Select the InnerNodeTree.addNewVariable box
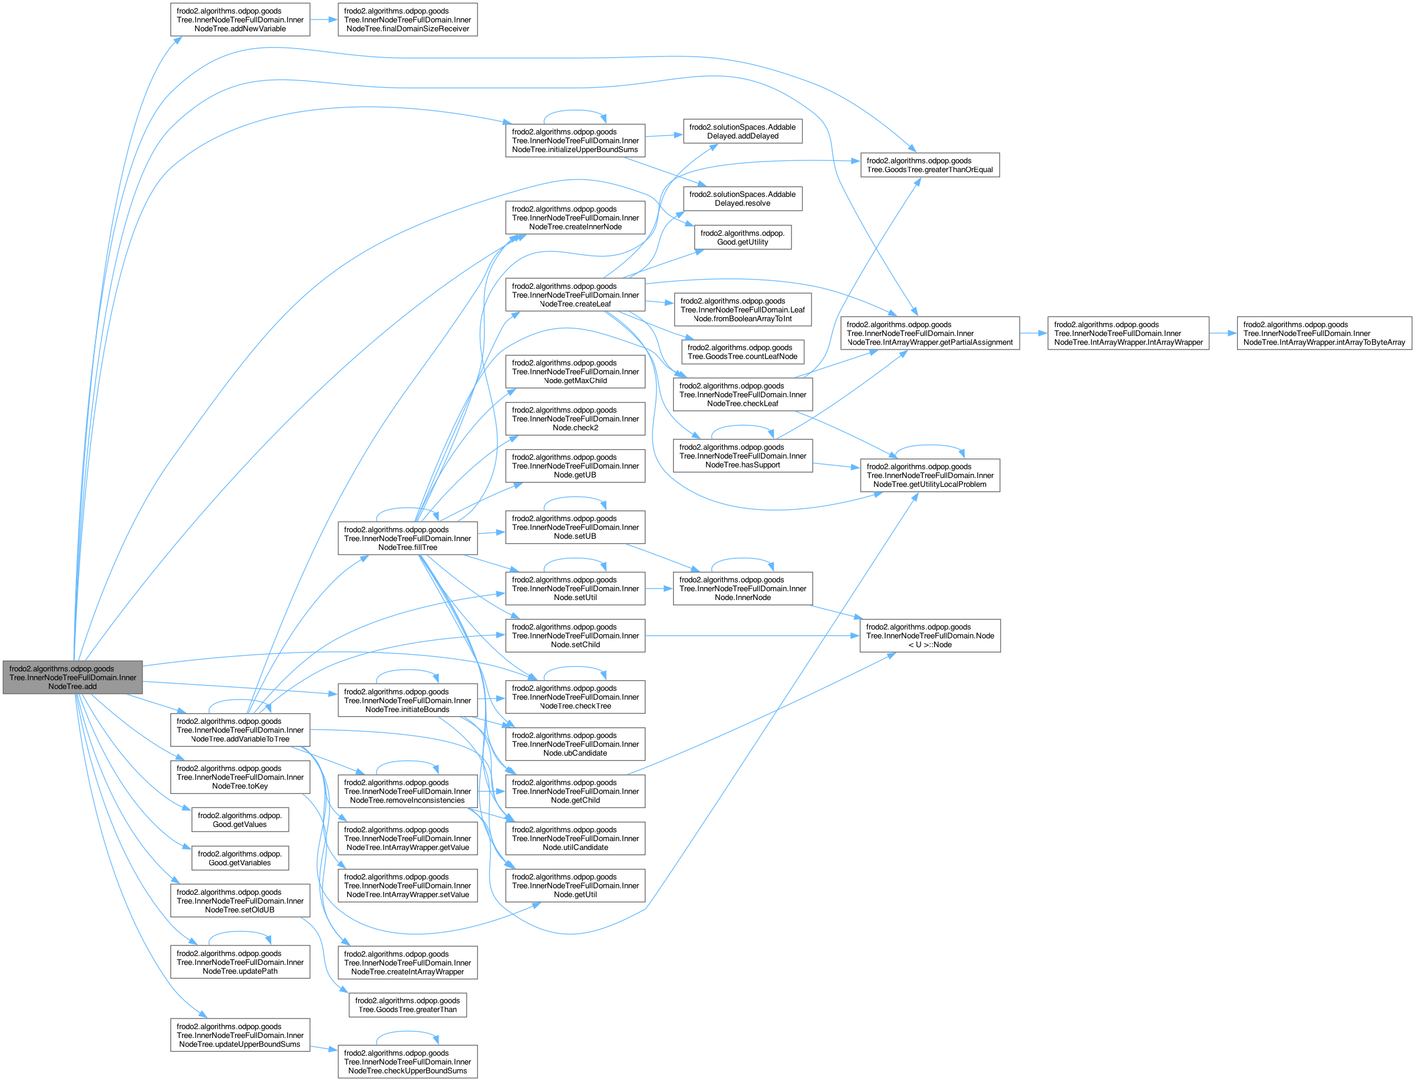pyautogui.click(x=240, y=20)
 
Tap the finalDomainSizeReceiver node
pyautogui.click(x=407, y=20)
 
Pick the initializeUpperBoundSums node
pyautogui.click(x=575, y=140)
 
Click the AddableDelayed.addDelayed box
pyautogui.click(x=742, y=131)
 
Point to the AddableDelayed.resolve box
pyautogui.click(x=742, y=199)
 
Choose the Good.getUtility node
pyautogui.click(x=742, y=238)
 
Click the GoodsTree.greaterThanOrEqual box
pyautogui.click(x=929, y=166)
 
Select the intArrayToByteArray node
pyautogui.click(x=1324, y=333)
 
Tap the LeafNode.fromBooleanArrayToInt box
pyautogui.click(x=742, y=309)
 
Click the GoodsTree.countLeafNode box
pyautogui.click(x=742, y=352)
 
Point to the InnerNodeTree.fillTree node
pyautogui.click(x=407, y=539)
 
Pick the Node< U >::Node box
pyautogui.click(x=929, y=636)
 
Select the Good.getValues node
pyautogui.click(x=240, y=820)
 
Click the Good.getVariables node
pyautogui.click(x=240, y=858)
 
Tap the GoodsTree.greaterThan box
pyautogui.click(x=407, y=1005)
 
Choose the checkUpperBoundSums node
pyautogui.click(x=407, y=1062)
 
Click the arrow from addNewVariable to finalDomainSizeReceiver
pyautogui.click(x=324, y=20)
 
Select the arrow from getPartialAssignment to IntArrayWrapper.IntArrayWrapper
pyautogui.click(x=1033, y=333)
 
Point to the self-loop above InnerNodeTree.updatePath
pyautogui.click(x=240, y=934)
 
